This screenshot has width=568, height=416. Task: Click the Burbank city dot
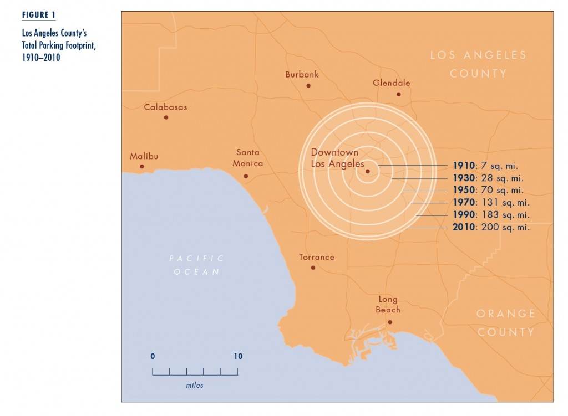308,86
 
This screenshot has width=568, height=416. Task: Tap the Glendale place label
392,83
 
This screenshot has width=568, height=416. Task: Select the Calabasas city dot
166,117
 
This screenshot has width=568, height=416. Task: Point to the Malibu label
144,156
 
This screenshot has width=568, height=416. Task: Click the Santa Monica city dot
246,176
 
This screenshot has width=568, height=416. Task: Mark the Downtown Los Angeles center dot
367,171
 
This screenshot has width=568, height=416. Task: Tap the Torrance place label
317,257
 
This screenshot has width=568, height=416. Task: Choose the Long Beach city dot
390,322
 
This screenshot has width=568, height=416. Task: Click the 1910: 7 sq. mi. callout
485,166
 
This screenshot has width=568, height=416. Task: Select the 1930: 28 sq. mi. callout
488,178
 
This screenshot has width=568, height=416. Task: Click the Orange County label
506,322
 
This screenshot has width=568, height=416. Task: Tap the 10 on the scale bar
238,356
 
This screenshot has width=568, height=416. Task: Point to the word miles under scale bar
195,385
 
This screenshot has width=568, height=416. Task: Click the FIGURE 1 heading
39,15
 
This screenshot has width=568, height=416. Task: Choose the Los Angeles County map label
478,64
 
